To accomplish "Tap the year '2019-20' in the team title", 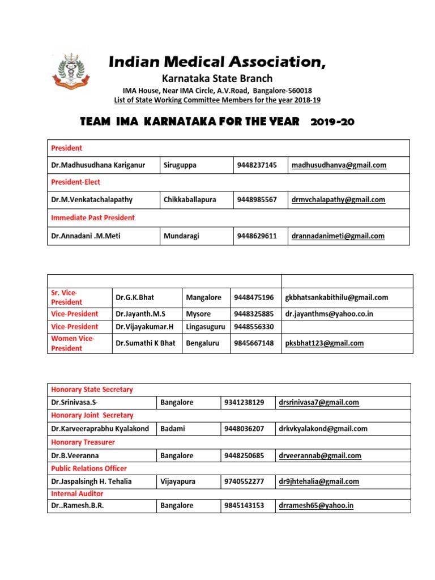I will pyautogui.click(x=332, y=122).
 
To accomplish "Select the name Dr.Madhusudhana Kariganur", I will pyautogui.click(x=98, y=165).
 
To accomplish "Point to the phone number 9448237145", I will pyautogui.click(x=257, y=165).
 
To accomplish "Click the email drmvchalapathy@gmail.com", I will pyautogui.click(x=338, y=199).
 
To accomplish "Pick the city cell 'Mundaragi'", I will pyautogui.click(x=184, y=236).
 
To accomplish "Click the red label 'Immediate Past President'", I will pyautogui.click(x=93, y=217).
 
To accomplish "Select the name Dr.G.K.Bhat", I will pyautogui.click(x=135, y=297).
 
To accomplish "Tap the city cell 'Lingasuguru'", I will pyautogui.click(x=205, y=326).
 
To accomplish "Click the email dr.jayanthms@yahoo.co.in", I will pyautogui.click(x=329, y=314).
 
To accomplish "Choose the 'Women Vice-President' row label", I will pyautogui.click(x=74, y=343).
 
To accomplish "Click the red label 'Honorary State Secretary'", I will pyautogui.click(x=92, y=390).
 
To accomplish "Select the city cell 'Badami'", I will pyautogui.click(x=172, y=429).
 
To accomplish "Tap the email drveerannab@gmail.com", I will pyautogui.click(x=319, y=455).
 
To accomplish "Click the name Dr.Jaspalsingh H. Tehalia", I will pyautogui.click(x=91, y=481).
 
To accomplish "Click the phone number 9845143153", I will pyautogui.click(x=244, y=506).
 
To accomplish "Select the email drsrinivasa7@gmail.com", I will pyautogui.click(x=319, y=403).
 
